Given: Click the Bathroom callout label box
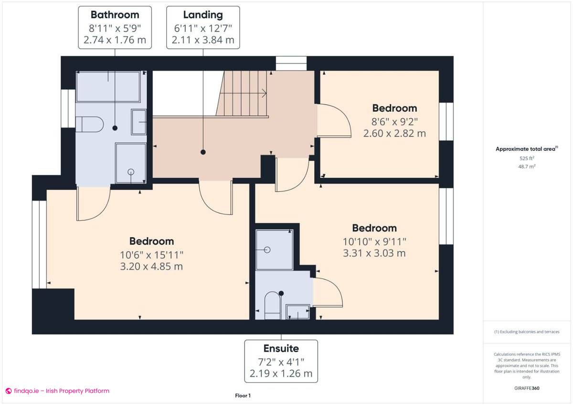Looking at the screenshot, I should point(115,27).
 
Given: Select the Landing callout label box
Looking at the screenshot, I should point(203,27).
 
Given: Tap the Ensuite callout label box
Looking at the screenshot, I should point(281,361).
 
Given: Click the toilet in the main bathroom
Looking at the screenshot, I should point(90,124).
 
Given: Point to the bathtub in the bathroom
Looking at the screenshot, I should point(108,87).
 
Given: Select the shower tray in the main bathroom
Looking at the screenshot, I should point(130,163).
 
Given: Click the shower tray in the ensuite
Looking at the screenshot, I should point(274,249).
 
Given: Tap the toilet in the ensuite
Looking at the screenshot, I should point(272,305).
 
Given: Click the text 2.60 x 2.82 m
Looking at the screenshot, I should point(394,134).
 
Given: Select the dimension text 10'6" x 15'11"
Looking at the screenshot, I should point(151,254).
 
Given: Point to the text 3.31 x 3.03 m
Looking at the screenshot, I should point(374,253).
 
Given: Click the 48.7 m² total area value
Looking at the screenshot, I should point(526,166).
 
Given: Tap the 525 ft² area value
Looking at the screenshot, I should point(526,158).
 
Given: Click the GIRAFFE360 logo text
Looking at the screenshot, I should point(526,388).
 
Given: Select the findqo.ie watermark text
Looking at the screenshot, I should point(57,391).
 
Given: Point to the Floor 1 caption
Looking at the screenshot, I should point(243,395).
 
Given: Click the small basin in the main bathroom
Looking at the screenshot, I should point(139,122).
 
